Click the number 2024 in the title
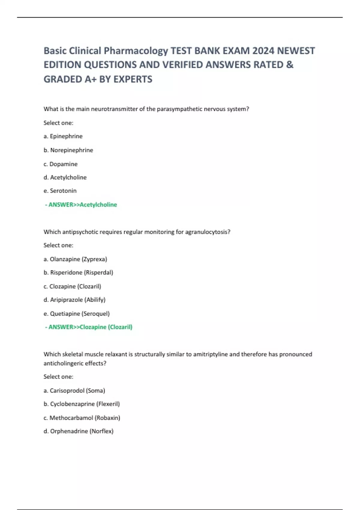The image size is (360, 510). [x=263, y=51]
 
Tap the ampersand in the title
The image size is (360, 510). [x=290, y=65]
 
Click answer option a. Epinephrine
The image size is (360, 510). [x=63, y=136]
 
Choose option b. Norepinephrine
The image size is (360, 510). [x=68, y=150]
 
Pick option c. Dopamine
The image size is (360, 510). [x=61, y=164]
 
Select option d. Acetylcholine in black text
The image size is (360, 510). [x=65, y=177]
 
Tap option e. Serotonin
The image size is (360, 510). [x=60, y=191]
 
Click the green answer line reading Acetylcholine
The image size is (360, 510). [x=81, y=205]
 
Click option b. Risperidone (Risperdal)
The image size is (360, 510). [x=78, y=272]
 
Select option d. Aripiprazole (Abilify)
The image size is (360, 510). [x=74, y=300]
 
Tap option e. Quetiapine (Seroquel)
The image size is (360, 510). [x=76, y=313]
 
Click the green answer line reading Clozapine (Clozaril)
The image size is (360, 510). [x=89, y=327]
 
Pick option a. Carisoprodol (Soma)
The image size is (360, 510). [x=74, y=391]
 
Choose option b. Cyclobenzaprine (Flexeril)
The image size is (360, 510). [x=82, y=404]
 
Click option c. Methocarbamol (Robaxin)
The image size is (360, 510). [x=82, y=418]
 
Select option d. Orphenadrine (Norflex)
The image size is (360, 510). [x=79, y=431]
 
